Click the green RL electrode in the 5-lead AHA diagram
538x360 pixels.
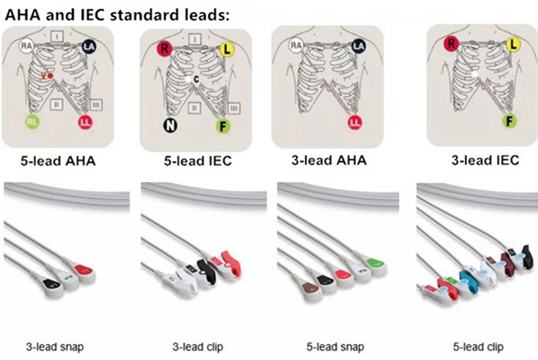point(32,122)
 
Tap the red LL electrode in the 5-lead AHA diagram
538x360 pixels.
point(85,122)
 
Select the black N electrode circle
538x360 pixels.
point(168,124)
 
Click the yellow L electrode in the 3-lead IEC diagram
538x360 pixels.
point(514,44)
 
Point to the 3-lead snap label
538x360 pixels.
point(59,347)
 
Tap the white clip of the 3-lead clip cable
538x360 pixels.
point(176,275)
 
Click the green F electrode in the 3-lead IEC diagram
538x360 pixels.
point(511,120)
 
